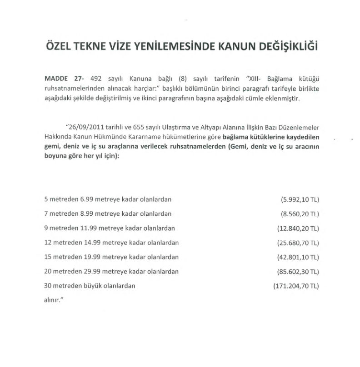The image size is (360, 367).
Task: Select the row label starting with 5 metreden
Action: click(x=108, y=199)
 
